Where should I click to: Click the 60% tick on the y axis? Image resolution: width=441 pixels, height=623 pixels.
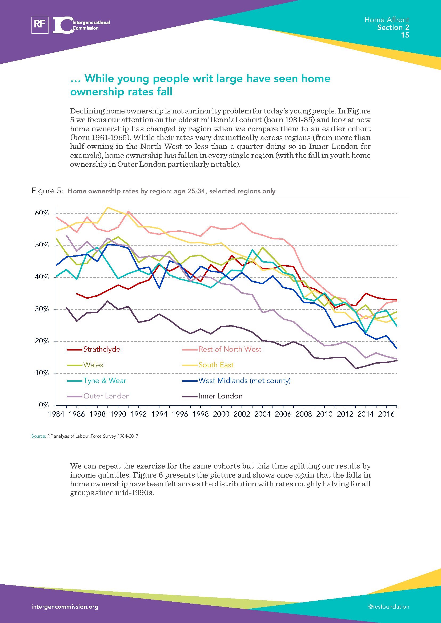pos(42,213)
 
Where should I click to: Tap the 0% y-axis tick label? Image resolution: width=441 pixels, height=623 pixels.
pos(44,405)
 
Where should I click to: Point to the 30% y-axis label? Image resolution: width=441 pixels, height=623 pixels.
pos(42,309)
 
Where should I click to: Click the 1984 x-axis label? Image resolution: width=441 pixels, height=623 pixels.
pos(56,414)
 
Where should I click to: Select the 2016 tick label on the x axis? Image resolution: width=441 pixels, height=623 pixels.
pos(386,414)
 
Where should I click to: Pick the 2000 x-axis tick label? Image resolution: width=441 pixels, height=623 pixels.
pos(221,414)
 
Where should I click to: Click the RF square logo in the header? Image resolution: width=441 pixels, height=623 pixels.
pos(40,25)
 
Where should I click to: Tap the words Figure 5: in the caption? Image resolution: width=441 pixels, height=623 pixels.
pos(47,191)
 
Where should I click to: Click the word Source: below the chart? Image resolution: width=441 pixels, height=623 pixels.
pos(39,436)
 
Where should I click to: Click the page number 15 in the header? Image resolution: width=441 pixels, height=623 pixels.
pos(405,35)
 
